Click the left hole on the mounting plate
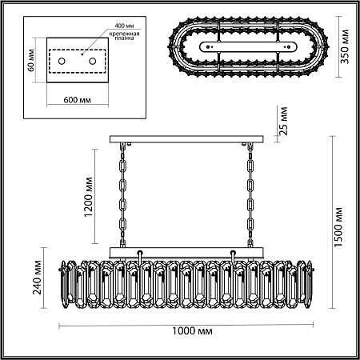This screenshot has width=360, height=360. coord(68,61)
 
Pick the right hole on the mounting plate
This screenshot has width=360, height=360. coord(94,61)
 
